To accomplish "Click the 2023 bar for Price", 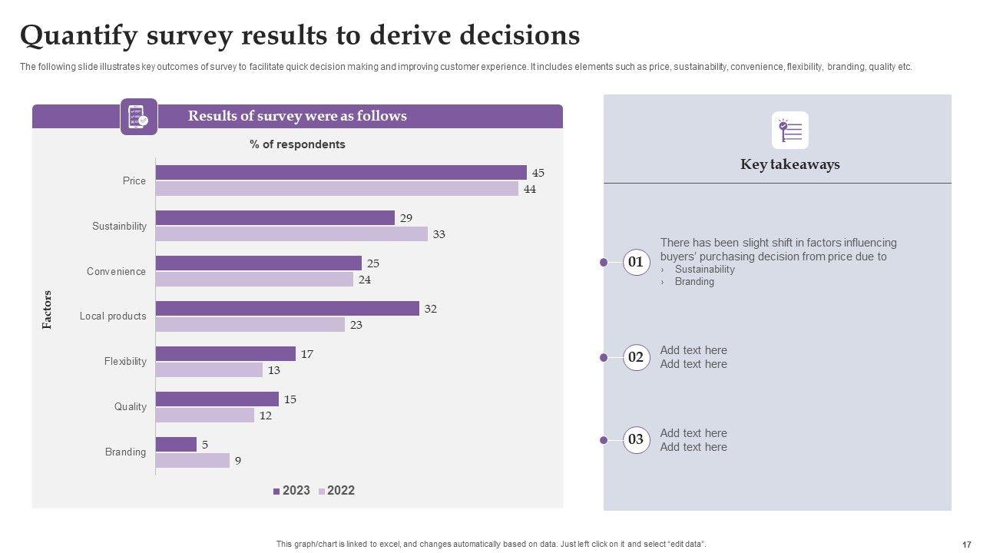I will click(341, 173).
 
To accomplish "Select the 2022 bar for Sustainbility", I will click(291, 234).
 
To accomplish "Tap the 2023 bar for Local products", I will click(287, 309).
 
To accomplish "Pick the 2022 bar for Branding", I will click(192, 461).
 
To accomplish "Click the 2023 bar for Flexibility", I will click(225, 354).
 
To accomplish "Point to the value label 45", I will click(538, 173).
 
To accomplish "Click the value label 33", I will click(439, 234).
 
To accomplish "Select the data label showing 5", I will click(205, 445).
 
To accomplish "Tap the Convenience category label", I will click(116, 272).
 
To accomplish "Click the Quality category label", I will click(130, 407).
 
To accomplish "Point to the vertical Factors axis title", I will click(47, 310).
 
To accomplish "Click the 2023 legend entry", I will click(292, 491).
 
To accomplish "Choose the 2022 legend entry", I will click(337, 491).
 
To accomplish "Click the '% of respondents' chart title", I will click(297, 144).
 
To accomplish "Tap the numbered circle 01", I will click(636, 263).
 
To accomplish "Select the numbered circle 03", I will click(636, 440).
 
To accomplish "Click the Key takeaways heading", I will click(789, 164).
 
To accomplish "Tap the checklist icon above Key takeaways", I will click(790, 131).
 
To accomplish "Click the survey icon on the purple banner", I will click(139, 117).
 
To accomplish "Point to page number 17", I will click(966, 544).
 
